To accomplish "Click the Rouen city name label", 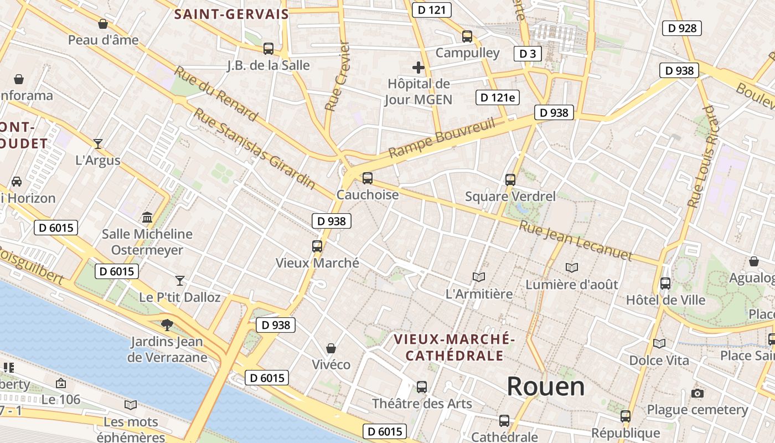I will click(x=545, y=387).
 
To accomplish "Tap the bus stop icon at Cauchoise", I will click(x=367, y=178).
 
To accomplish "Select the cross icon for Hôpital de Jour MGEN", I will click(x=418, y=68).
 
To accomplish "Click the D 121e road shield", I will click(x=497, y=98).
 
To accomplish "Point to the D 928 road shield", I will click(x=682, y=28).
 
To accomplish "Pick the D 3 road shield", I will click(x=527, y=54).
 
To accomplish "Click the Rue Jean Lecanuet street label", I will click(x=575, y=240).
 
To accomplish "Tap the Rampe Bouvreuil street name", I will click(x=441, y=138).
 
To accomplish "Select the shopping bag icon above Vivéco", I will click(x=330, y=348).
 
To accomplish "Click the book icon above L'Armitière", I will click(x=479, y=277).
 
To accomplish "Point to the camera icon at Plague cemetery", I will click(x=697, y=393).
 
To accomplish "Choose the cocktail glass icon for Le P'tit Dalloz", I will click(x=180, y=280).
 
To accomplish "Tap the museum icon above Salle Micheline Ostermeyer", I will click(x=147, y=217).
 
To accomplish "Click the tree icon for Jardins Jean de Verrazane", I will click(x=167, y=324).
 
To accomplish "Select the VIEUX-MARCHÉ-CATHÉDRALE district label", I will click(x=454, y=347).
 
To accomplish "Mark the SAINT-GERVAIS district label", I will click(x=231, y=14).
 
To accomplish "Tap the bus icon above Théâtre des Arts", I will click(x=422, y=387).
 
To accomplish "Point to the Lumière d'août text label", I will click(x=572, y=285).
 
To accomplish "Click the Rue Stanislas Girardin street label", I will click(x=254, y=148).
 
